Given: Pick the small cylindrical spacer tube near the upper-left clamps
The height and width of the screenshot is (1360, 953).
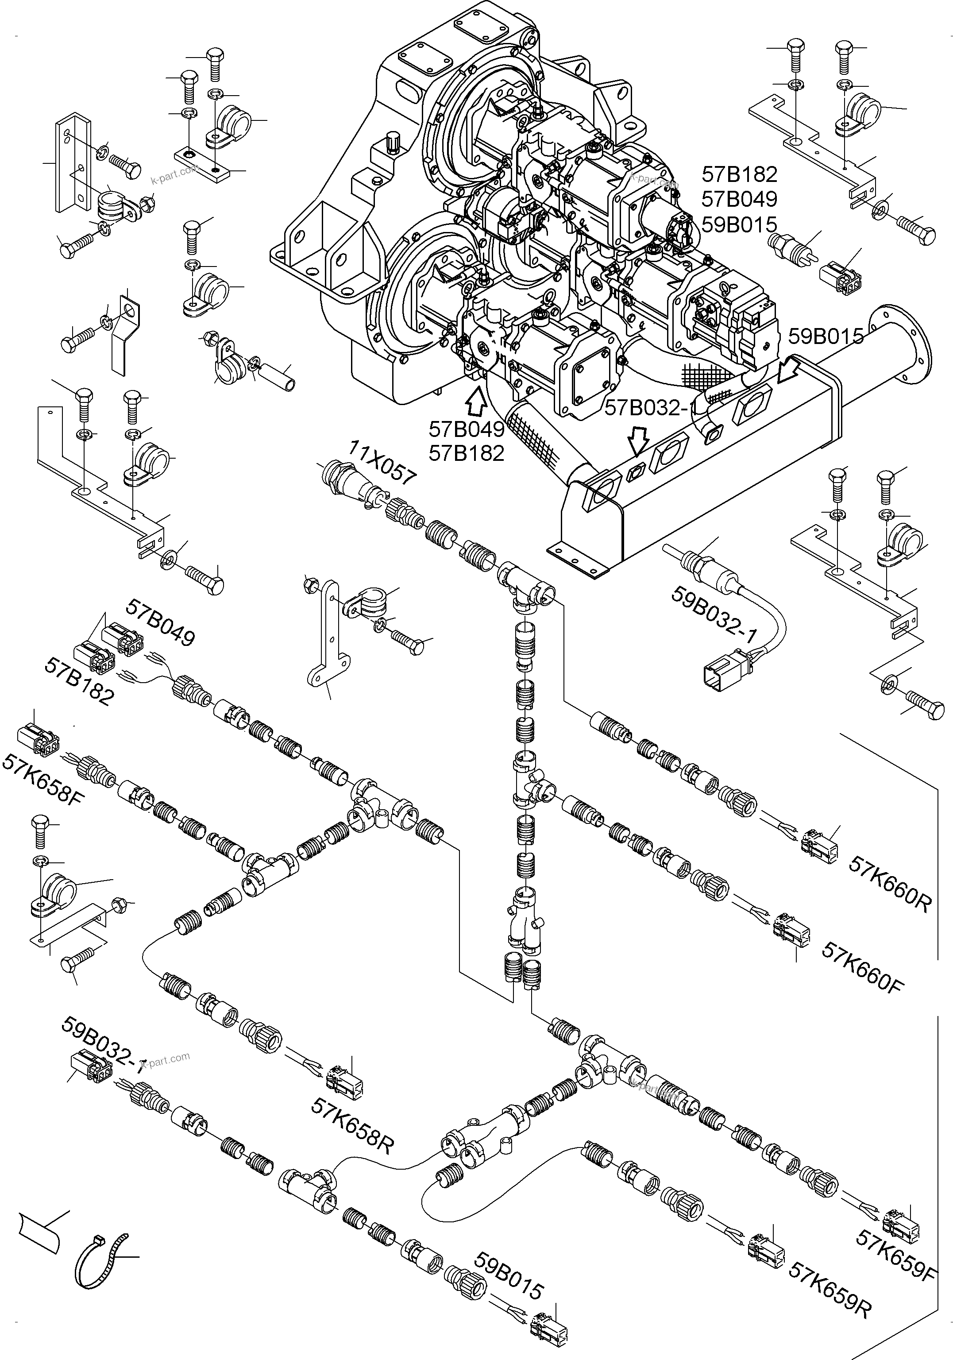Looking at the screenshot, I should click(282, 377).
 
